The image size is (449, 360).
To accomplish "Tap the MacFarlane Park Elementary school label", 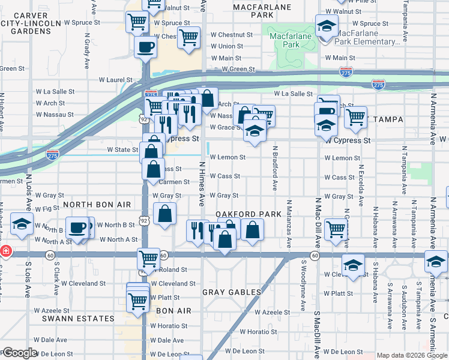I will (368, 37).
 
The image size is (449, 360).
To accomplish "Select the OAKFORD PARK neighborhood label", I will (249, 214).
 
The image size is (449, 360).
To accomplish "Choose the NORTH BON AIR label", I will (97, 205).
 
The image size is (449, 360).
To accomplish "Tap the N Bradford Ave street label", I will (274, 169).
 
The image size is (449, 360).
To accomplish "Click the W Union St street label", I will (226, 46).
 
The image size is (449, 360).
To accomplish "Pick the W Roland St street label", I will (170, 270).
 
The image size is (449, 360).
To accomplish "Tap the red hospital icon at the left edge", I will (5, 251).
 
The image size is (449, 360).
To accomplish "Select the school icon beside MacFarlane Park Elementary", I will (326, 26).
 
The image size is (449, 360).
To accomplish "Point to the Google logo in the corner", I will (20, 353).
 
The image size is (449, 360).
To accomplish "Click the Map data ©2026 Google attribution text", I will (412, 355).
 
